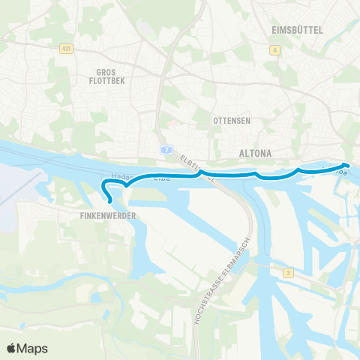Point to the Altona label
tap(254, 153)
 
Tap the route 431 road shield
tap(67, 47)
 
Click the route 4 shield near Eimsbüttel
tap(275, 50)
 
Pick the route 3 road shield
tap(287, 274)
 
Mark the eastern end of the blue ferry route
tap(346, 165)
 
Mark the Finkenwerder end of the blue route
tap(110, 202)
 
